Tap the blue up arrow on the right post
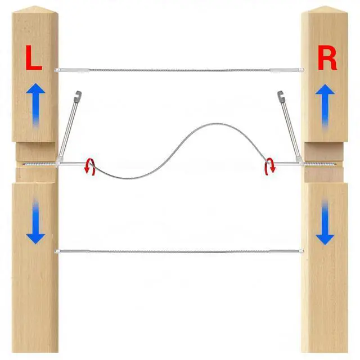point(325,104)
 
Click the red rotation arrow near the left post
point(89,166)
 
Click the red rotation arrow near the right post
point(271,166)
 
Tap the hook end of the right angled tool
point(281,95)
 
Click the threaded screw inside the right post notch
point(322,164)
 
